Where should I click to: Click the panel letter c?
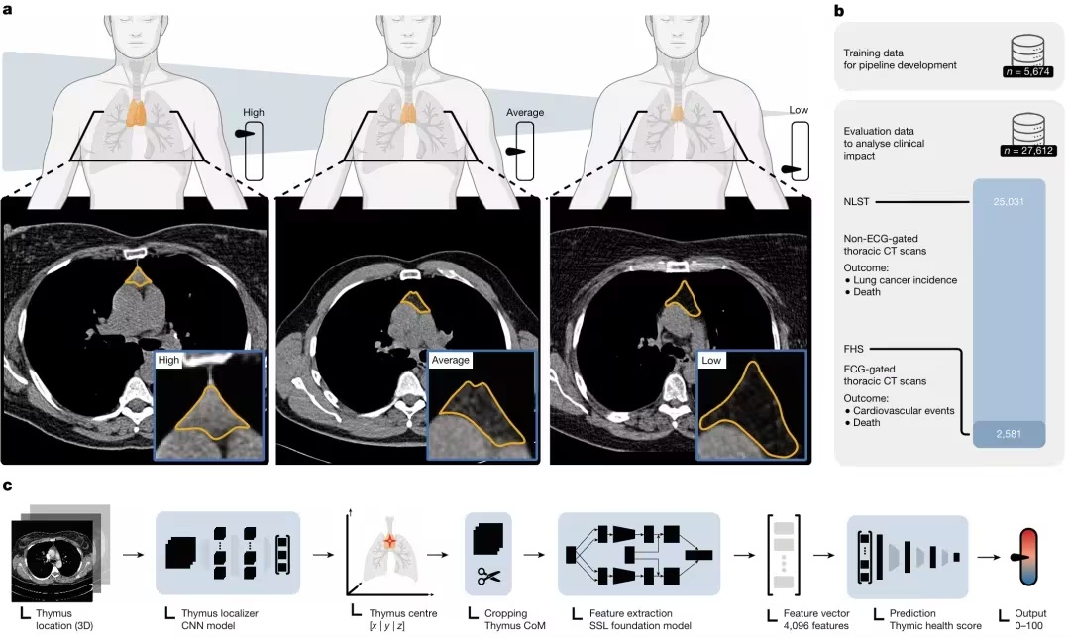tap(8, 486)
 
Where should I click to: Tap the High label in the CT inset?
tap(170, 361)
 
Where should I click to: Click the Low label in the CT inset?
tap(711, 362)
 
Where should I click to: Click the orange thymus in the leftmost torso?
tap(136, 111)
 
